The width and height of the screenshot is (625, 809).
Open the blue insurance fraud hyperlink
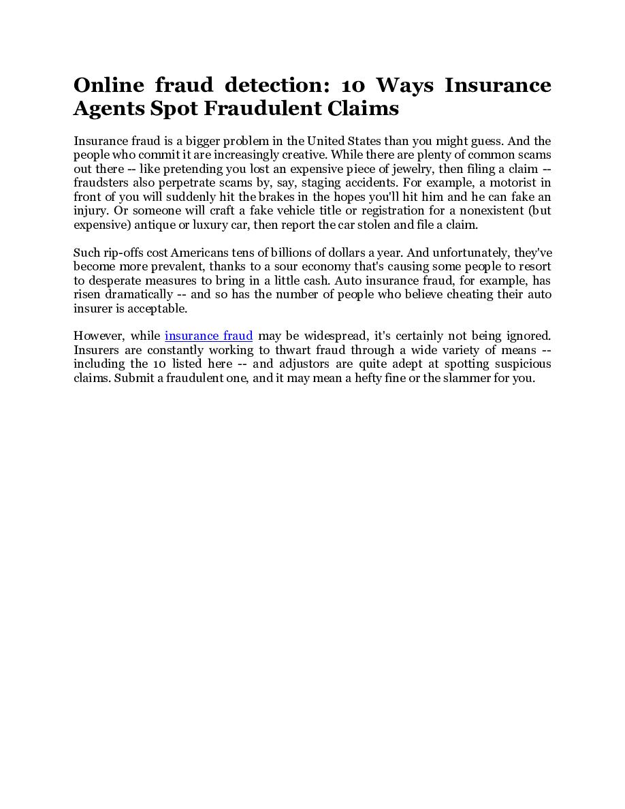click(x=208, y=336)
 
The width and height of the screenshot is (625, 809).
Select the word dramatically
click(x=139, y=294)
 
